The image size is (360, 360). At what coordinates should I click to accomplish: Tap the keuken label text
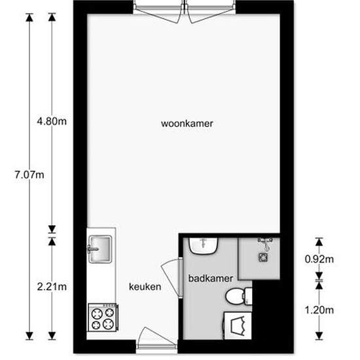point(145,287)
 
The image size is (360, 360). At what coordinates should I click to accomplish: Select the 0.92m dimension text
point(320,259)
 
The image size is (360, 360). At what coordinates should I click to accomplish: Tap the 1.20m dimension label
point(320,310)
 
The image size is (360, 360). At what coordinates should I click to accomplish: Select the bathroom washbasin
point(204,245)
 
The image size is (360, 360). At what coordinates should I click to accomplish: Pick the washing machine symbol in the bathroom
point(237,325)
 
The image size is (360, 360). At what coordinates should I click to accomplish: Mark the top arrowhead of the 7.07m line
point(29,17)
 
